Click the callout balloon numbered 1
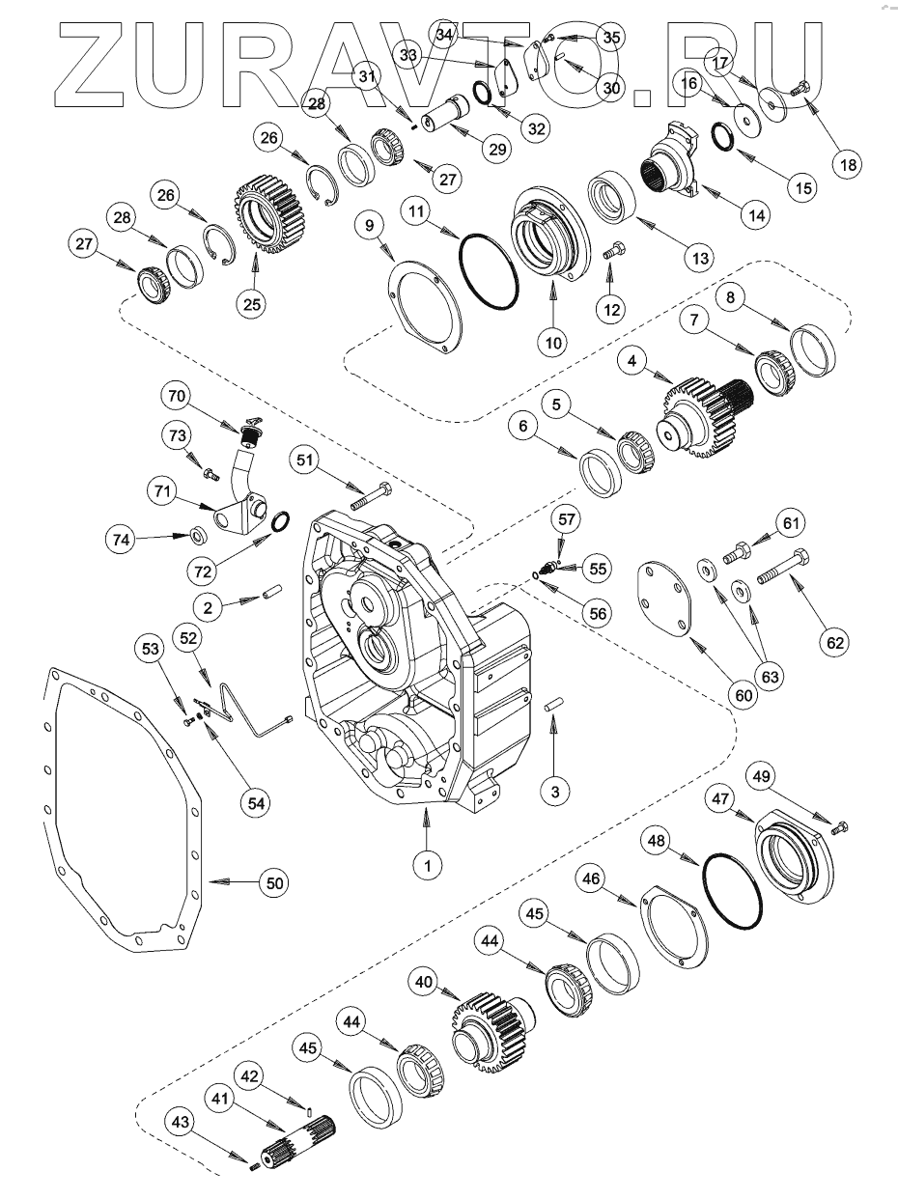[x=425, y=865]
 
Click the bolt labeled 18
[x=800, y=92]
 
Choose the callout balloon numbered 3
[x=554, y=792]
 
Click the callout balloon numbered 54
[x=257, y=801]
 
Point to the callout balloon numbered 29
[x=496, y=149]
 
